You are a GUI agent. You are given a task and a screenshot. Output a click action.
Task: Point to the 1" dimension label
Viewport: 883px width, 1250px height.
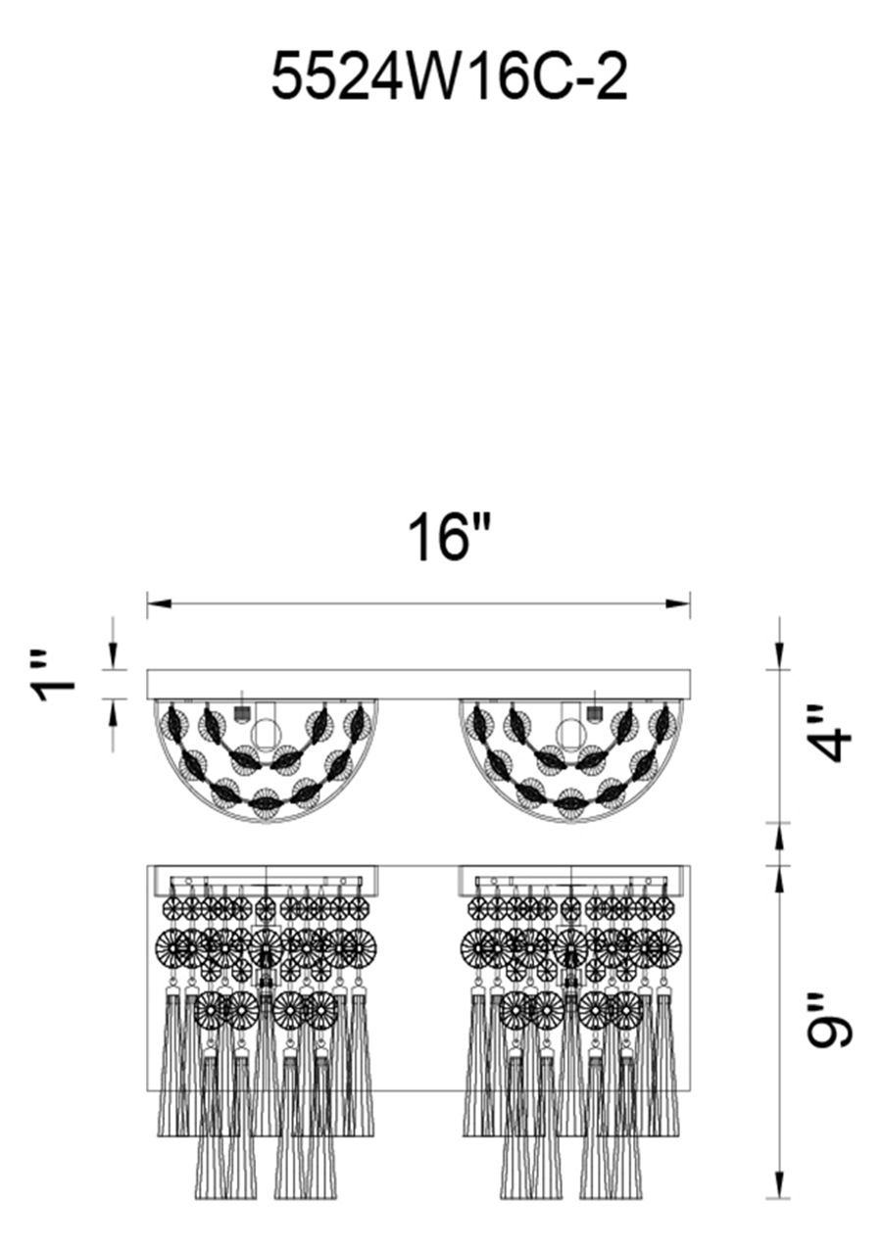55,682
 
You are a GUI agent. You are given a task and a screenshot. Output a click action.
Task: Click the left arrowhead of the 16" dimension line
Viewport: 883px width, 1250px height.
159,603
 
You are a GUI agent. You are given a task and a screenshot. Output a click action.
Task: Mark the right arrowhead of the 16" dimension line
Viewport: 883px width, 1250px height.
679,603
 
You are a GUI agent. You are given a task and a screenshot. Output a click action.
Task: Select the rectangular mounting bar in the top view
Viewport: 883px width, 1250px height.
418,684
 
